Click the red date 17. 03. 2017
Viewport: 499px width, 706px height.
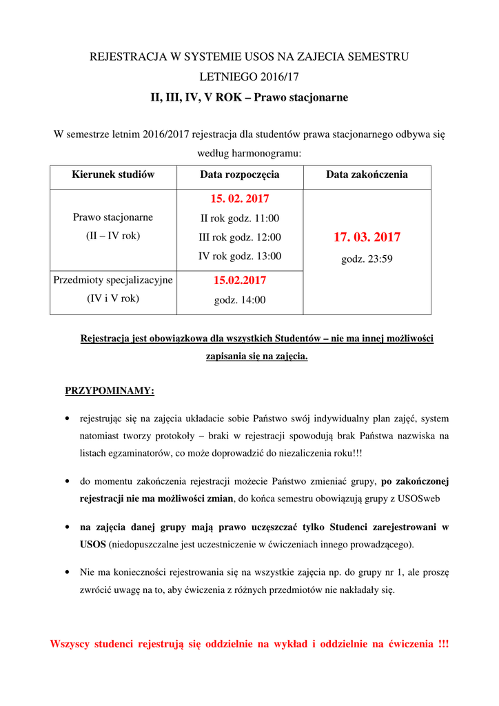point(367,237)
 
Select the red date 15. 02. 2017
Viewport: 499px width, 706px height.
point(240,199)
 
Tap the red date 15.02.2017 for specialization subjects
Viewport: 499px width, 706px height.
point(240,281)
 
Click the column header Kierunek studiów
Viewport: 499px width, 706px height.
point(113,174)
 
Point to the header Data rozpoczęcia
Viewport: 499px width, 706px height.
point(240,174)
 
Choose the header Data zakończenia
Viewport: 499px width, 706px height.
point(367,174)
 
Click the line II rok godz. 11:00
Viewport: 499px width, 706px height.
point(240,218)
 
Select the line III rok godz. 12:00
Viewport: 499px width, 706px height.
point(240,237)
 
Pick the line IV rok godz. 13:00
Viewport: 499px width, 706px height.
point(240,256)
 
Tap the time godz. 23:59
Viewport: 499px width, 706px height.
point(367,259)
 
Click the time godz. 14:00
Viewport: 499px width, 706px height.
point(240,300)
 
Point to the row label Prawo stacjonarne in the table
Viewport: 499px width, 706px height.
point(113,217)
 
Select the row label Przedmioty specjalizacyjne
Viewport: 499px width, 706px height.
point(113,279)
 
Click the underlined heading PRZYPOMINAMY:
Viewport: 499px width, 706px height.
point(110,391)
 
